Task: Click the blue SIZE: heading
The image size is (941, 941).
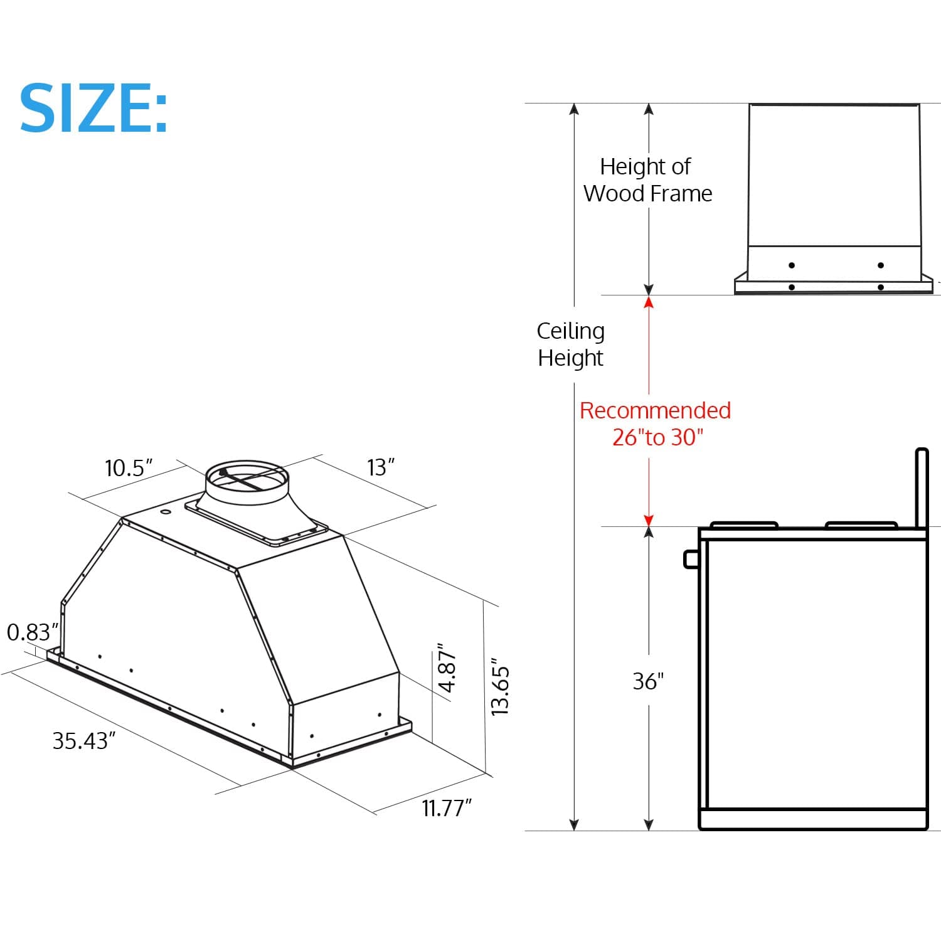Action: click(x=94, y=108)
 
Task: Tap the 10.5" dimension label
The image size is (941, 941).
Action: click(x=129, y=468)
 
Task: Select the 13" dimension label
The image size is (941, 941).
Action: click(x=381, y=467)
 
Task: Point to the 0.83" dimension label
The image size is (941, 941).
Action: click(x=32, y=632)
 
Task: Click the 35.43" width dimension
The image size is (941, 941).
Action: click(x=84, y=741)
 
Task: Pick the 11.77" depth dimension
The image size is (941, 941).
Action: click(x=446, y=808)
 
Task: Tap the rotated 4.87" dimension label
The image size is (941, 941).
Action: click(x=447, y=667)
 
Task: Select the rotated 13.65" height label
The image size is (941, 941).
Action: click(x=500, y=687)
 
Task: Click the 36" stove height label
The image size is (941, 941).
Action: click(x=648, y=681)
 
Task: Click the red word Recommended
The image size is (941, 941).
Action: click(x=655, y=410)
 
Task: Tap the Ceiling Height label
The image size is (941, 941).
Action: click(x=570, y=344)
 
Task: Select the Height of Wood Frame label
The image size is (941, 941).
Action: click(x=647, y=180)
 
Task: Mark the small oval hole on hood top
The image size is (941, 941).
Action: click(x=167, y=513)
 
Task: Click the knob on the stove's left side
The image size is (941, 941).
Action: click(x=691, y=558)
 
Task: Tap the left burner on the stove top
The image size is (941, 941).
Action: click(x=744, y=524)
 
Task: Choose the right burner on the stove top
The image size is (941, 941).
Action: click(x=861, y=524)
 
